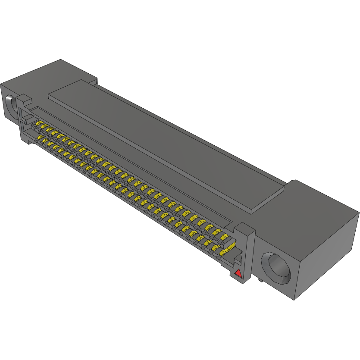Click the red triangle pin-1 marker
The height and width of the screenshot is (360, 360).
[238, 272]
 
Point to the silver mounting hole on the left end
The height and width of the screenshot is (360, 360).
[10, 106]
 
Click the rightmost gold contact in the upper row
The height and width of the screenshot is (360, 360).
[223, 237]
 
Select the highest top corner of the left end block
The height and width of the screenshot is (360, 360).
[61, 59]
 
